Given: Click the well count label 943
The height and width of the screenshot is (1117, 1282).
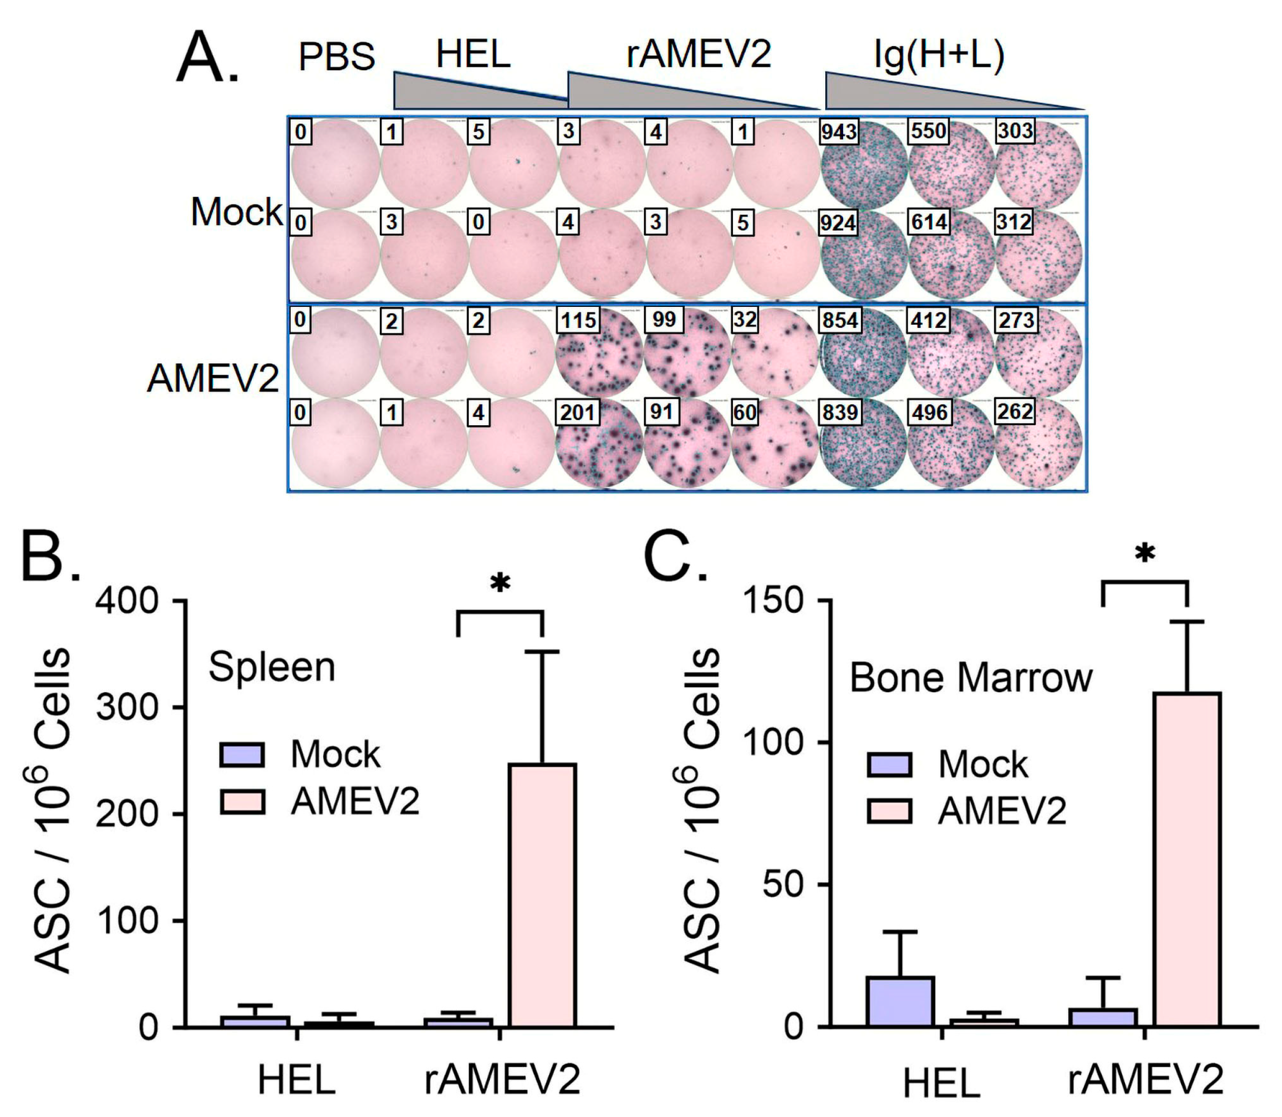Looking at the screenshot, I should pyautogui.click(x=839, y=132).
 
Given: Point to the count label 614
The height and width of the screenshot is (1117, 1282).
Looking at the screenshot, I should pyautogui.click(x=929, y=222).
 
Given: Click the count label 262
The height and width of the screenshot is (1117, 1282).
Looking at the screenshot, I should pyautogui.click(x=1014, y=411).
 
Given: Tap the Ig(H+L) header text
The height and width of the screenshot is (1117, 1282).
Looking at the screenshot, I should pyautogui.click(x=939, y=55).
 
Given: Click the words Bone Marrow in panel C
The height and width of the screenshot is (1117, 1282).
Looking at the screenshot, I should pyautogui.click(x=971, y=678).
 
